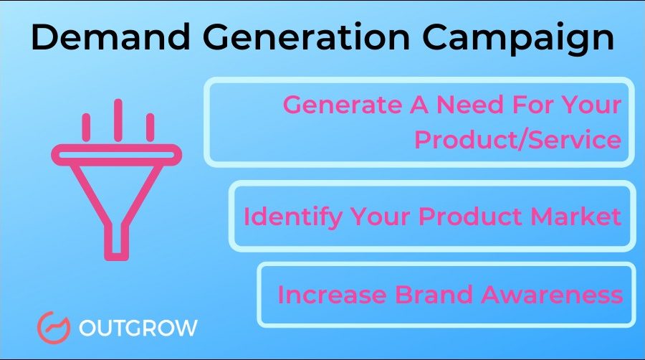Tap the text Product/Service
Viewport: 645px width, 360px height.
pyautogui.click(x=517, y=139)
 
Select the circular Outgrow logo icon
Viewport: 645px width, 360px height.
pyautogui.click(x=52, y=328)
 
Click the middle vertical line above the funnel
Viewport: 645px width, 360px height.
pyautogui.click(x=117, y=120)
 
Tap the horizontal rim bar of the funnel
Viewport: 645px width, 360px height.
pyautogui.click(x=117, y=153)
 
